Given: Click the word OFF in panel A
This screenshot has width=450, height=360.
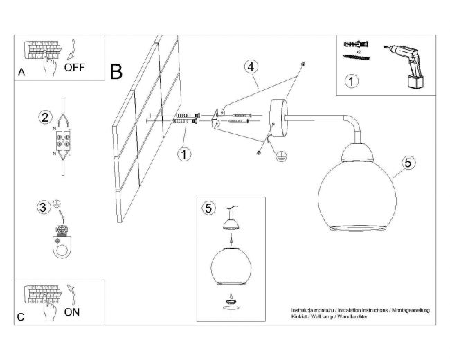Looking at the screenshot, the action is click(x=75, y=67).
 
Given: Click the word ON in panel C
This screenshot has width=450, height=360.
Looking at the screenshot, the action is click(x=72, y=312).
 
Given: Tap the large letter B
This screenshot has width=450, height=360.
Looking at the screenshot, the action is click(x=116, y=72).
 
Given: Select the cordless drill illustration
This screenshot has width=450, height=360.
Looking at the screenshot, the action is click(x=405, y=66).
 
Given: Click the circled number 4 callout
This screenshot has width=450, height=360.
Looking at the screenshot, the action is click(x=251, y=67).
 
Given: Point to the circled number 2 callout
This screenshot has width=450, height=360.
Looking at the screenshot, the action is click(x=45, y=118).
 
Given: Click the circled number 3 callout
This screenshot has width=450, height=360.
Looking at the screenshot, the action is click(x=43, y=207).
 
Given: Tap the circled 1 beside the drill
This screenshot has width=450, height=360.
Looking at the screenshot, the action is click(x=351, y=81).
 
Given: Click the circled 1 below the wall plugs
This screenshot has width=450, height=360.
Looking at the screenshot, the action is click(x=184, y=154).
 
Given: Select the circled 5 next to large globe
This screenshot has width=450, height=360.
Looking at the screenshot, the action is click(x=408, y=163).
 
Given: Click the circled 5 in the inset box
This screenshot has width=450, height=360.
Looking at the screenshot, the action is click(x=208, y=208).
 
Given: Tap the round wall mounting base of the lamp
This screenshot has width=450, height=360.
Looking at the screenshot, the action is click(x=279, y=118).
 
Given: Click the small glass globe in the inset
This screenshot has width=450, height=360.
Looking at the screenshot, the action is click(x=231, y=266).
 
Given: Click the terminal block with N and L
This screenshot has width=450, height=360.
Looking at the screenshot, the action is click(x=63, y=141).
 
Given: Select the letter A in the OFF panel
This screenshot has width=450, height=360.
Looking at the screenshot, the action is click(x=21, y=72).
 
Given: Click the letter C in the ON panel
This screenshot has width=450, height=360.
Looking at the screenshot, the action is click(x=21, y=317).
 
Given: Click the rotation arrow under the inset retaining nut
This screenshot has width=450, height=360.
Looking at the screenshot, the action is click(x=231, y=308).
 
